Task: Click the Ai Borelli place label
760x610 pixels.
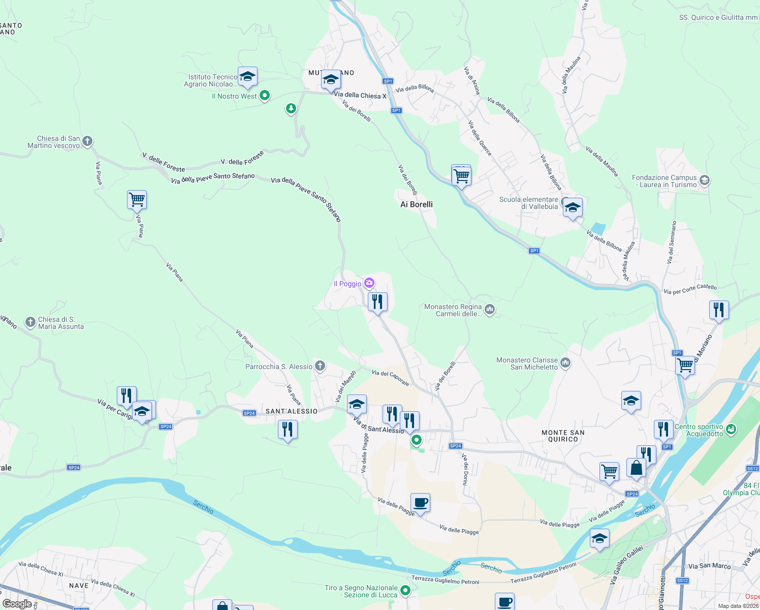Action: pyautogui.click(x=417, y=204)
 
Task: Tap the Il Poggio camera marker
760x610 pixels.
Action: pyautogui.click(x=369, y=283)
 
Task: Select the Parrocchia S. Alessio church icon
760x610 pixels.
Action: pyautogui.click(x=320, y=365)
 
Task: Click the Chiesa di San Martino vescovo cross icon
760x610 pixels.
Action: pyautogui.click(x=87, y=141)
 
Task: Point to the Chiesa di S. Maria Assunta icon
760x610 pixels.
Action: pyautogui.click(x=30, y=322)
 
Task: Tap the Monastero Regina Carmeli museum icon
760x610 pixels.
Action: pyautogui.click(x=490, y=309)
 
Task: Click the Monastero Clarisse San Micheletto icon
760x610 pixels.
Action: pyautogui.click(x=565, y=363)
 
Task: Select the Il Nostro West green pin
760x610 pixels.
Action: pyautogui.click(x=264, y=95)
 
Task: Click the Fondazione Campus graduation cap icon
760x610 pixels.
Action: pyautogui.click(x=704, y=180)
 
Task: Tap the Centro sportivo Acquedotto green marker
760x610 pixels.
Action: pyautogui.click(x=731, y=430)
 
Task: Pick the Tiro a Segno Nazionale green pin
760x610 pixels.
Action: pyautogui.click(x=405, y=590)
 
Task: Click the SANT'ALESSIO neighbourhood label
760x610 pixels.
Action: pyautogui.click(x=292, y=411)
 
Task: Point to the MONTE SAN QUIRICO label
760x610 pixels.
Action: pyautogui.click(x=563, y=436)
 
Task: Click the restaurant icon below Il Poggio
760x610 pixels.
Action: pyautogui.click(x=377, y=302)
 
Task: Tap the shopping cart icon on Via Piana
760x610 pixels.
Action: pyautogui.click(x=137, y=199)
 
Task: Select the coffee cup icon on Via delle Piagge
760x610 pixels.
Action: pyautogui.click(x=420, y=503)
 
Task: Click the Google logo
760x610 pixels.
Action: pyautogui.click(x=17, y=604)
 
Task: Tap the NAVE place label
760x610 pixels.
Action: pyautogui.click(x=79, y=586)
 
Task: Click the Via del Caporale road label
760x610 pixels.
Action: pyautogui.click(x=391, y=377)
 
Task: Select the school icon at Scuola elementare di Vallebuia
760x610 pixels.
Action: pyautogui.click(x=573, y=207)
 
